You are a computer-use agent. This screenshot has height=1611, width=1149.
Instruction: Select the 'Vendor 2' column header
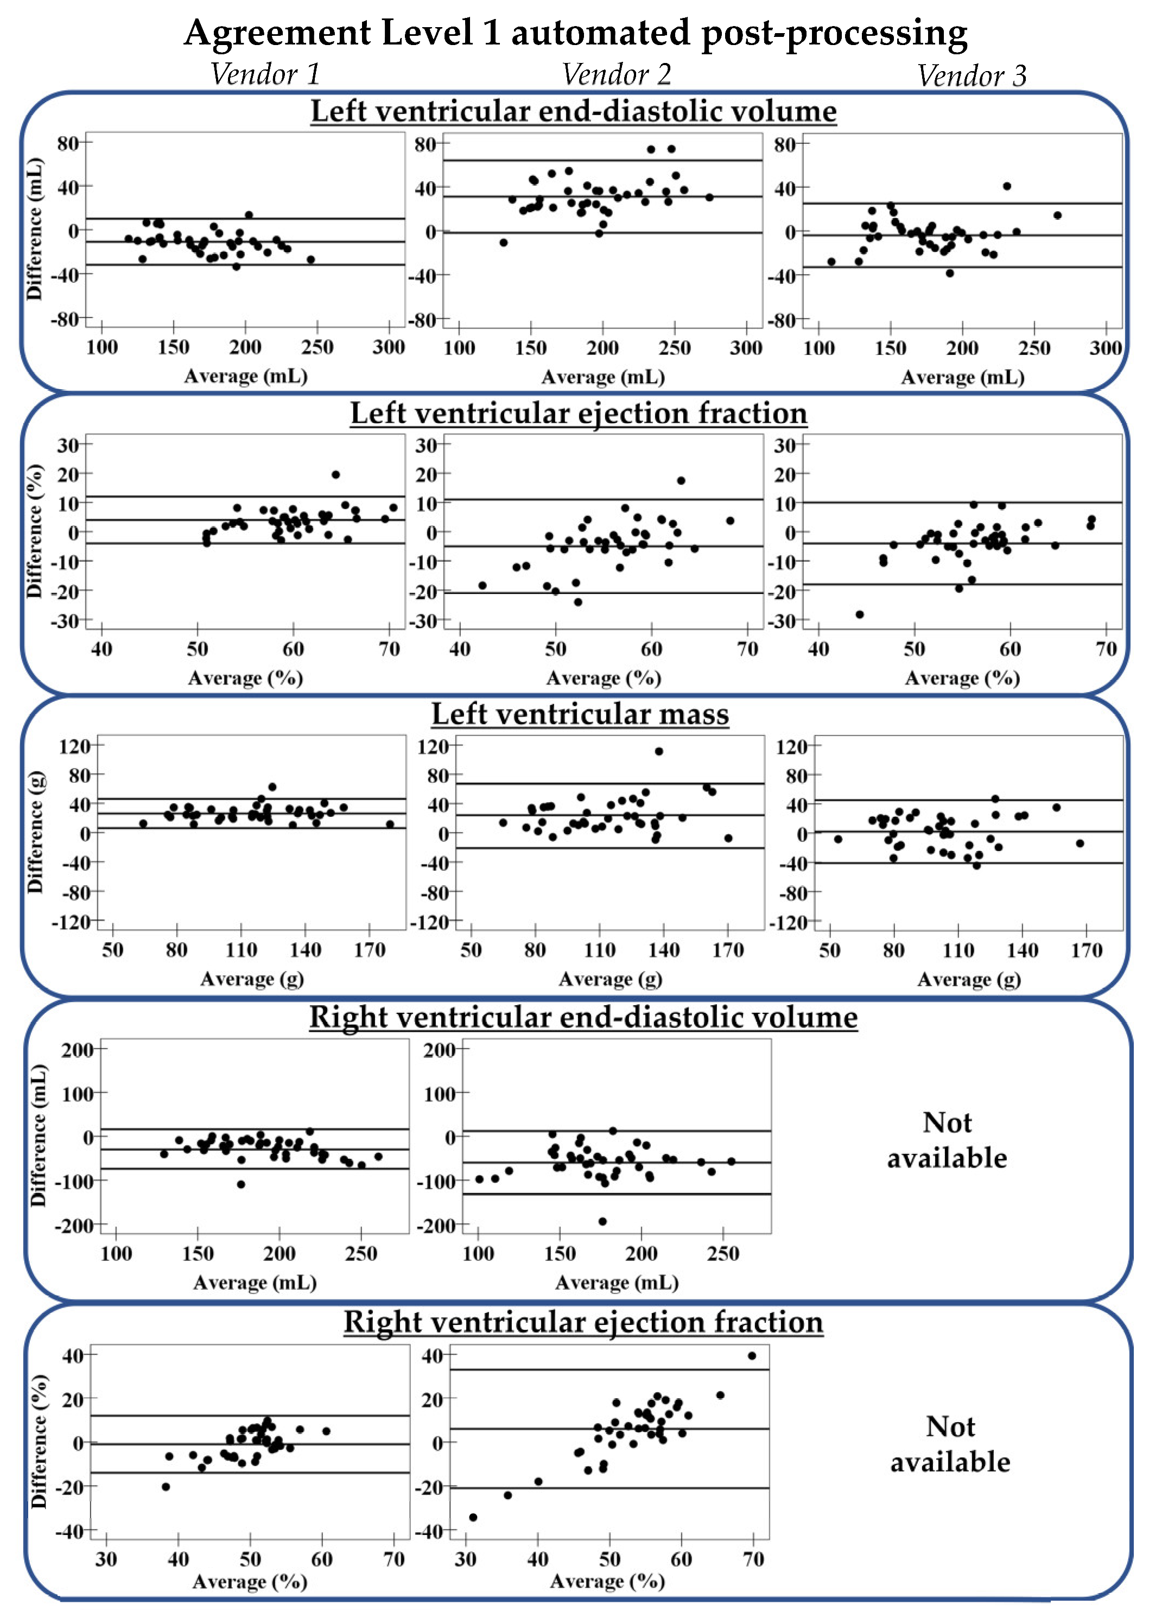pos(615,74)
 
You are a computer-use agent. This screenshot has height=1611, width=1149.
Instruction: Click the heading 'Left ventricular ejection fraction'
pos(578,413)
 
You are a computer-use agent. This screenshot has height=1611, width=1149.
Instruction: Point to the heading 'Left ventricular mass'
pos(580,714)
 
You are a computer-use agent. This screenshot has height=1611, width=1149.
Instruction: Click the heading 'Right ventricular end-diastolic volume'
pos(583,1017)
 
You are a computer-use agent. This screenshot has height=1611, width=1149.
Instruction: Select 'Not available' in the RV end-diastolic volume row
pos(947,1140)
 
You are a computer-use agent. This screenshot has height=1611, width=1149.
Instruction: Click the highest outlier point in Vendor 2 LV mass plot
pos(659,751)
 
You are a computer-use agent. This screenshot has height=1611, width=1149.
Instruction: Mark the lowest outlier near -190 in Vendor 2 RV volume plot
pos(602,1221)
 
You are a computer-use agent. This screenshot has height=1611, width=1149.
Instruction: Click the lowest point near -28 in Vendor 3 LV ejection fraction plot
pos(860,614)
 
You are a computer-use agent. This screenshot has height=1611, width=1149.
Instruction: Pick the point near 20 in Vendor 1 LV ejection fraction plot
pos(335,475)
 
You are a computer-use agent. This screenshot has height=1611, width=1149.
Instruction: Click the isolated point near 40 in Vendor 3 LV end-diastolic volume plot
pos(1007,186)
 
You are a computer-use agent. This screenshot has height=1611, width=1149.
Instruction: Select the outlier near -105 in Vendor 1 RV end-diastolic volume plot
pos(240,1184)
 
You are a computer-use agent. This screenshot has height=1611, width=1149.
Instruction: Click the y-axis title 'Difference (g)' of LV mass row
pos(35,832)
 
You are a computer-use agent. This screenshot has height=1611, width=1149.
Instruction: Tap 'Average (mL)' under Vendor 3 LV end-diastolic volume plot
pos(962,377)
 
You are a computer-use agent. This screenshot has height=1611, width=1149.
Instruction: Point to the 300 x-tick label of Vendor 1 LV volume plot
pos(389,347)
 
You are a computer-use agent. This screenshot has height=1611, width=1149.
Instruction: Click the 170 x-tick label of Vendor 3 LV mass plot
pos(1086,950)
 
